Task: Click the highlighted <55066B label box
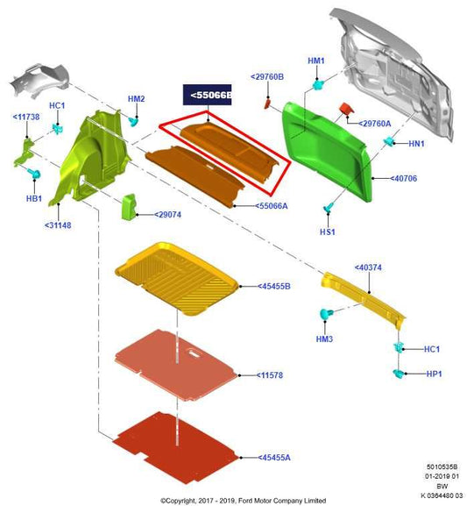click(207, 95)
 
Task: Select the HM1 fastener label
click(316, 61)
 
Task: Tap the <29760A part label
click(375, 124)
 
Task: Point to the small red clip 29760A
click(346, 109)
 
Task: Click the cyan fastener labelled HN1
click(389, 141)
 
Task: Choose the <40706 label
click(403, 178)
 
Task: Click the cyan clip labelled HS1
click(328, 208)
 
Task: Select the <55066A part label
click(272, 206)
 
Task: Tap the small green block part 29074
click(129, 207)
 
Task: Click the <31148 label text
click(58, 225)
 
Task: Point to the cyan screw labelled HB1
click(34, 174)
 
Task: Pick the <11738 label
click(26, 117)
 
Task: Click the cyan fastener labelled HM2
click(133, 122)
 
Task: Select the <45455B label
click(274, 286)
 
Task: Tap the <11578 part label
click(270, 375)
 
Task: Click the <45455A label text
click(274, 458)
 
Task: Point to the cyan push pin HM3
click(326, 314)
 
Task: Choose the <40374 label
click(368, 267)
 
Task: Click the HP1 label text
click(434, 374)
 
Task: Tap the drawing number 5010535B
click(442, 467)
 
